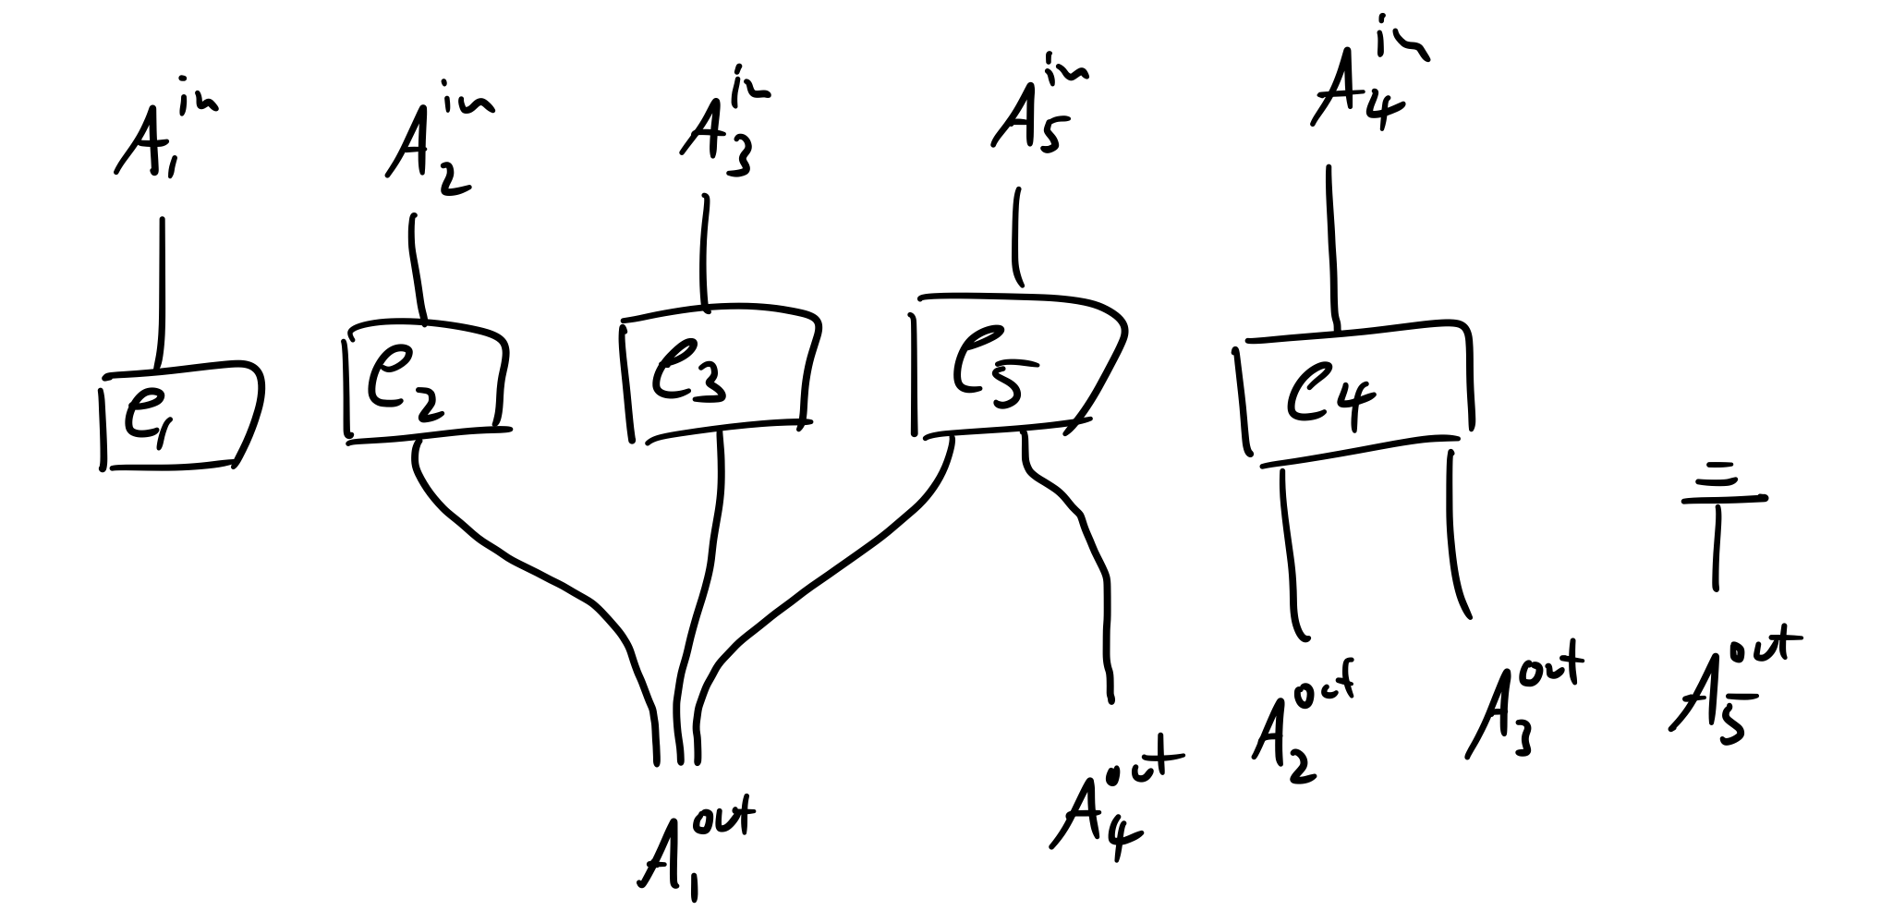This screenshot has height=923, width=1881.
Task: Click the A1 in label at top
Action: pos(162,139)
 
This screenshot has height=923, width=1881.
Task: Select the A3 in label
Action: pos(725,129)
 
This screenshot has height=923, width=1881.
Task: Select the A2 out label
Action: pos(1298,725)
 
